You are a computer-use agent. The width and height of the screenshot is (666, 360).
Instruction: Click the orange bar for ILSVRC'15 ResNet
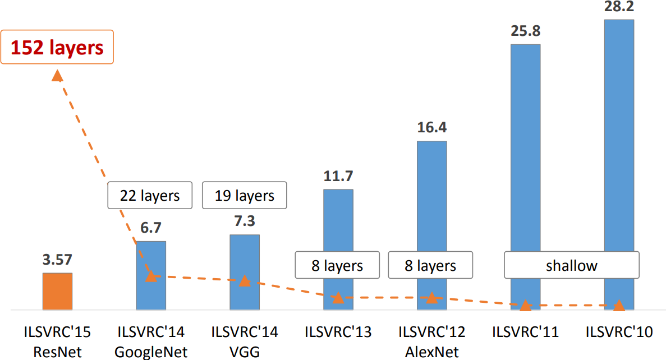[x=57, y=292]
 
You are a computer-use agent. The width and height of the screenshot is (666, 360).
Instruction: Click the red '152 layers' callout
[x=57, y=47]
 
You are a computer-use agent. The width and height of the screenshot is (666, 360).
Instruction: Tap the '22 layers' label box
[x=150, y=196]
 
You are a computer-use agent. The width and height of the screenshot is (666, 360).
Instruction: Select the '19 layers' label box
[x=244, y=196]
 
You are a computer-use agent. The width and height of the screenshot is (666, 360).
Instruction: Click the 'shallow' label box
[x=572, y=265]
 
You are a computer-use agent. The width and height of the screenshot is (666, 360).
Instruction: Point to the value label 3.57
[x=57, y=260]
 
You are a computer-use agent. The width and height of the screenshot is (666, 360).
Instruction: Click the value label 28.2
[x=619, y=7]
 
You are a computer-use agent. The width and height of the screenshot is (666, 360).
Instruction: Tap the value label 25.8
[x=525, y=31]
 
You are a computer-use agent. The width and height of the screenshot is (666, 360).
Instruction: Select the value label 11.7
[x=338, y=176]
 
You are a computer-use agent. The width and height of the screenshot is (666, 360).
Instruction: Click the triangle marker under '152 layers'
[x=57, y=76]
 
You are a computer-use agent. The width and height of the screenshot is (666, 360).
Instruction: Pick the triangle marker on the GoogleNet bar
[x=151, y=276]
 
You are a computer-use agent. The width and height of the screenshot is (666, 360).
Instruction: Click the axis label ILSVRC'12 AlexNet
[x=431, y=341]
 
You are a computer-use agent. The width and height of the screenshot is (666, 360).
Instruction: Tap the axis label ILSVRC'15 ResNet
[x=57, y=341]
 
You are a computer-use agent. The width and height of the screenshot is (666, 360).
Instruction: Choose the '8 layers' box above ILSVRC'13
[x=337, y=265]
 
